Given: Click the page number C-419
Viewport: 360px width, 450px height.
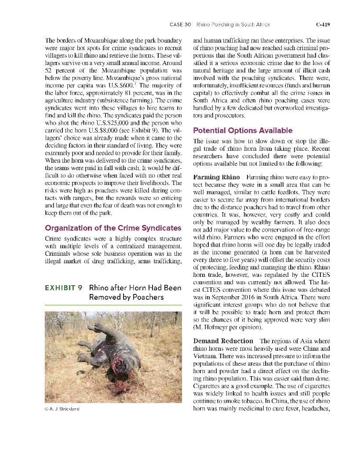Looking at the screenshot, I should (323, 25).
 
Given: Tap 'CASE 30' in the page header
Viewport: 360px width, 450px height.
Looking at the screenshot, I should (180, 25).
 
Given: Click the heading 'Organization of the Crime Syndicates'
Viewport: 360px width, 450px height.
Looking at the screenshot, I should (113, 228).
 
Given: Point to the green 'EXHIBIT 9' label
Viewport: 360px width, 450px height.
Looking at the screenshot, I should (63, 288).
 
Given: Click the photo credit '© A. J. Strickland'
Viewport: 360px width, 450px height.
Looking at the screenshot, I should (62, 408).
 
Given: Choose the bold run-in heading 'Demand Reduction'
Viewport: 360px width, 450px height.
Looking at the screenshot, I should (223, 341).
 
